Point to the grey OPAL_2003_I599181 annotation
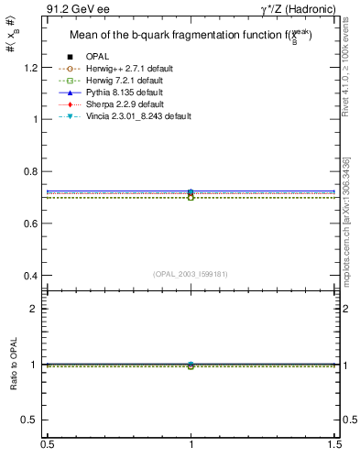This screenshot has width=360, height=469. tap(190, 273)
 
